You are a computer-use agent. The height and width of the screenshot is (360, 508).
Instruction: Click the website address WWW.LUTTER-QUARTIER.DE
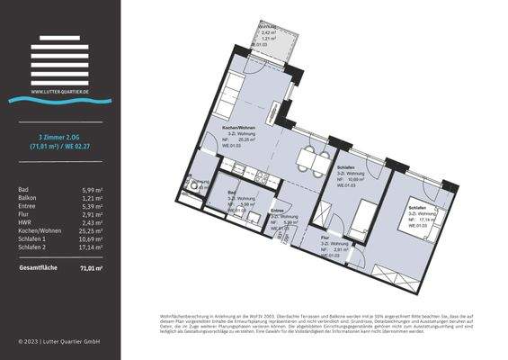[59, 91]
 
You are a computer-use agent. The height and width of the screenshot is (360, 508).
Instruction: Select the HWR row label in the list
[25, 222]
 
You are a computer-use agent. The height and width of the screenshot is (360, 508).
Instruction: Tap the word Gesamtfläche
[37, 268]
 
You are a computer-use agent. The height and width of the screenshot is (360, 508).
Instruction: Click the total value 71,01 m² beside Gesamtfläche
[90, 268]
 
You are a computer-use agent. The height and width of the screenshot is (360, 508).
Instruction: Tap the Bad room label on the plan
[232, 193]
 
